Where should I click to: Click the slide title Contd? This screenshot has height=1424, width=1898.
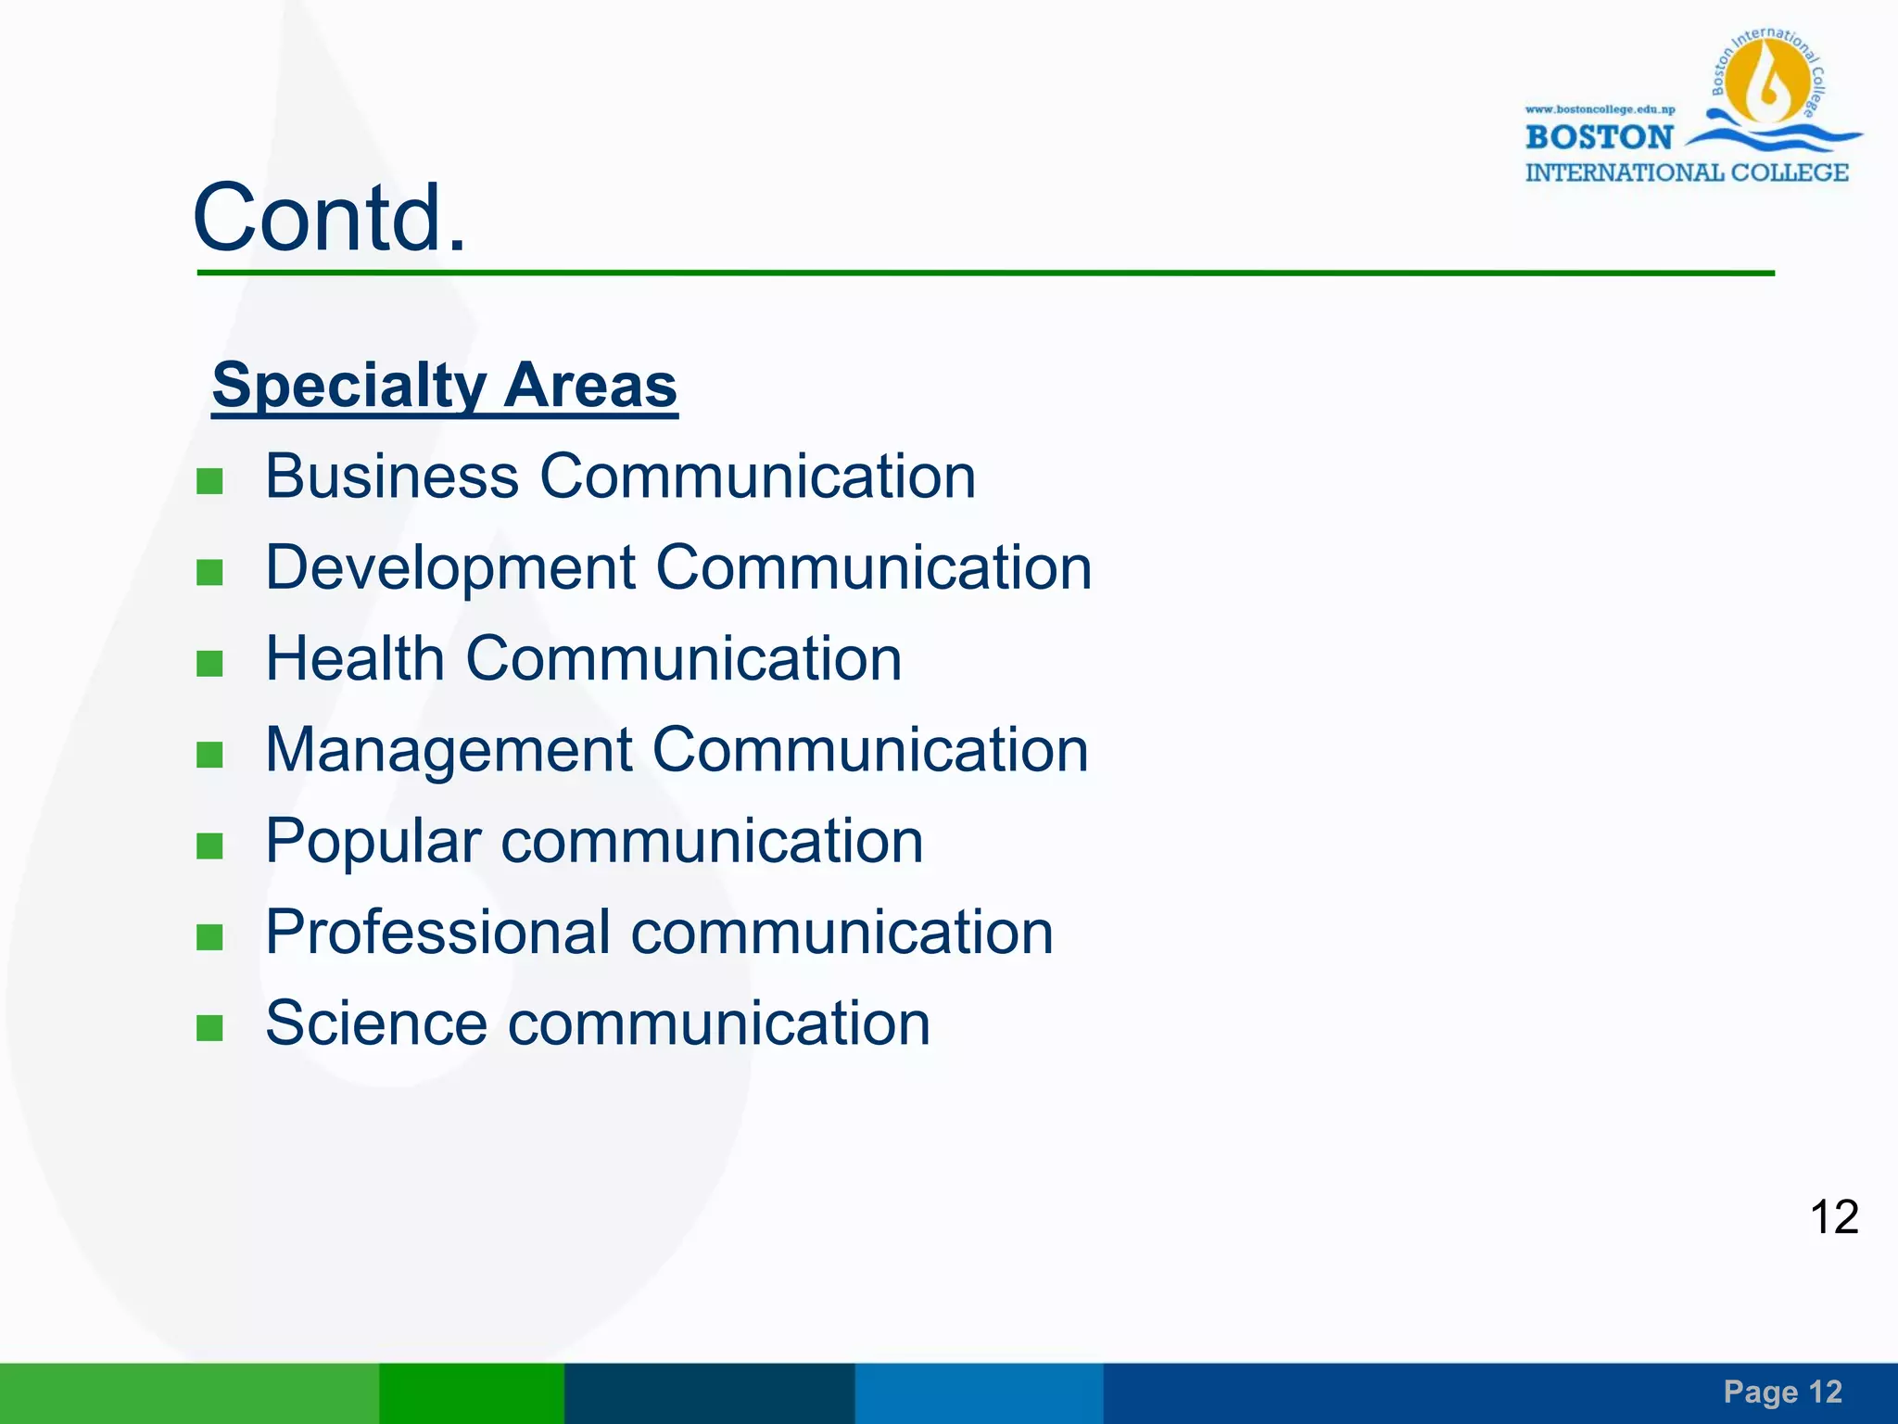329,218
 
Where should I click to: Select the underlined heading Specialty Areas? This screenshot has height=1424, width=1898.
445,385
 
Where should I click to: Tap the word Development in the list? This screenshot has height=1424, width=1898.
450,567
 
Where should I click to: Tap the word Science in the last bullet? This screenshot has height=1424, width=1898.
376,1023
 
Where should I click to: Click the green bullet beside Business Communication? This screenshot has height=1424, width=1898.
210,481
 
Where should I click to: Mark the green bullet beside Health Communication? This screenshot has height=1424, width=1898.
210,663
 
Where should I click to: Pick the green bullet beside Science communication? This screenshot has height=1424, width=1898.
210,1028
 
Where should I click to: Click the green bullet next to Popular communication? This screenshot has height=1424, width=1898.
210,845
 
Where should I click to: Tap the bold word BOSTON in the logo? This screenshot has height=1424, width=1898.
1599,137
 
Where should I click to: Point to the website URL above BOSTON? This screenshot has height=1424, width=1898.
1600,109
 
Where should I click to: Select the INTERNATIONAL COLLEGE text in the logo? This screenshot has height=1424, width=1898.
1687,172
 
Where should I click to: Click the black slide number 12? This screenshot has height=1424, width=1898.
1834,1216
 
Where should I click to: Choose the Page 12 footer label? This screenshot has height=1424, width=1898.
1782,1392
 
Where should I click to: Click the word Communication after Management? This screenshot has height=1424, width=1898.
870,750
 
